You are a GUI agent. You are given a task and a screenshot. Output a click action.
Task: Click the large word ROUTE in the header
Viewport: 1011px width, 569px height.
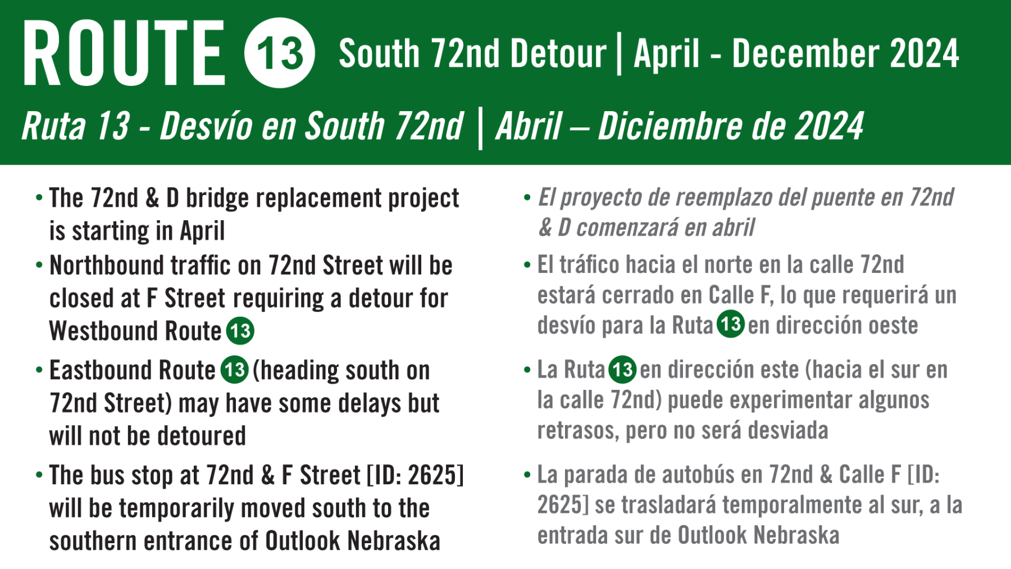coord(124,53)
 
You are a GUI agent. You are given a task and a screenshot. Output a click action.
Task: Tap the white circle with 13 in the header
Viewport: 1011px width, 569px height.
coord(280,53)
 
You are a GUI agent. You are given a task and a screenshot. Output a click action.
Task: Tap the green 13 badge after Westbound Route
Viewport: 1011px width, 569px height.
coord(240,331)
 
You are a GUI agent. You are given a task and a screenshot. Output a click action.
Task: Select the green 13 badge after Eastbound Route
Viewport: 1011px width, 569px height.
coord(234,370)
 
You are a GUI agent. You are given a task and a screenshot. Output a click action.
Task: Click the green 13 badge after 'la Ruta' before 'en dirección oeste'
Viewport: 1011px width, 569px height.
coord(731,324)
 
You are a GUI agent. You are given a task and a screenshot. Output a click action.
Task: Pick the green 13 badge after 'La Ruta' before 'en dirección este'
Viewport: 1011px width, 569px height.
coord(622,369)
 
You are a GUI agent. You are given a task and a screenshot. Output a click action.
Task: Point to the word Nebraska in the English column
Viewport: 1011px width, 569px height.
coord(394,541)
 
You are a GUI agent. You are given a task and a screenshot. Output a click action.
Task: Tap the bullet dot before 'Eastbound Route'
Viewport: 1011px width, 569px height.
coord(39,370)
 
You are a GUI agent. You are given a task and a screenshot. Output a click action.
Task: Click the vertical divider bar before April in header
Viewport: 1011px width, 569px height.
coord(620,54)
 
